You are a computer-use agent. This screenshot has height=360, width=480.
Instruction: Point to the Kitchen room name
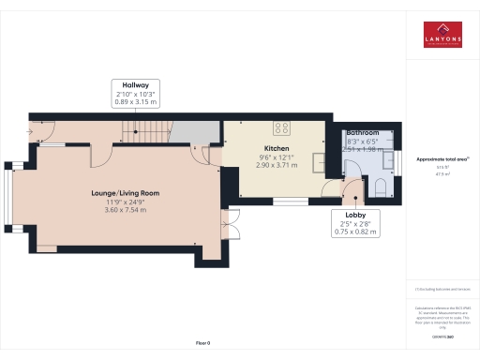pyautogui.click(x=277, y=149)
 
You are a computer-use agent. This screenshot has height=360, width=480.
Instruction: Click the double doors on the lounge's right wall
pyautogui.click(x=228, y=225)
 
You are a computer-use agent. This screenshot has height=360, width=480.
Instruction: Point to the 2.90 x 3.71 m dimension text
pyautogui.click(x=277, y=165)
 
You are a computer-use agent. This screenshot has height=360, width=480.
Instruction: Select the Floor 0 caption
pyautogui.click(x=202, y=344)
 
